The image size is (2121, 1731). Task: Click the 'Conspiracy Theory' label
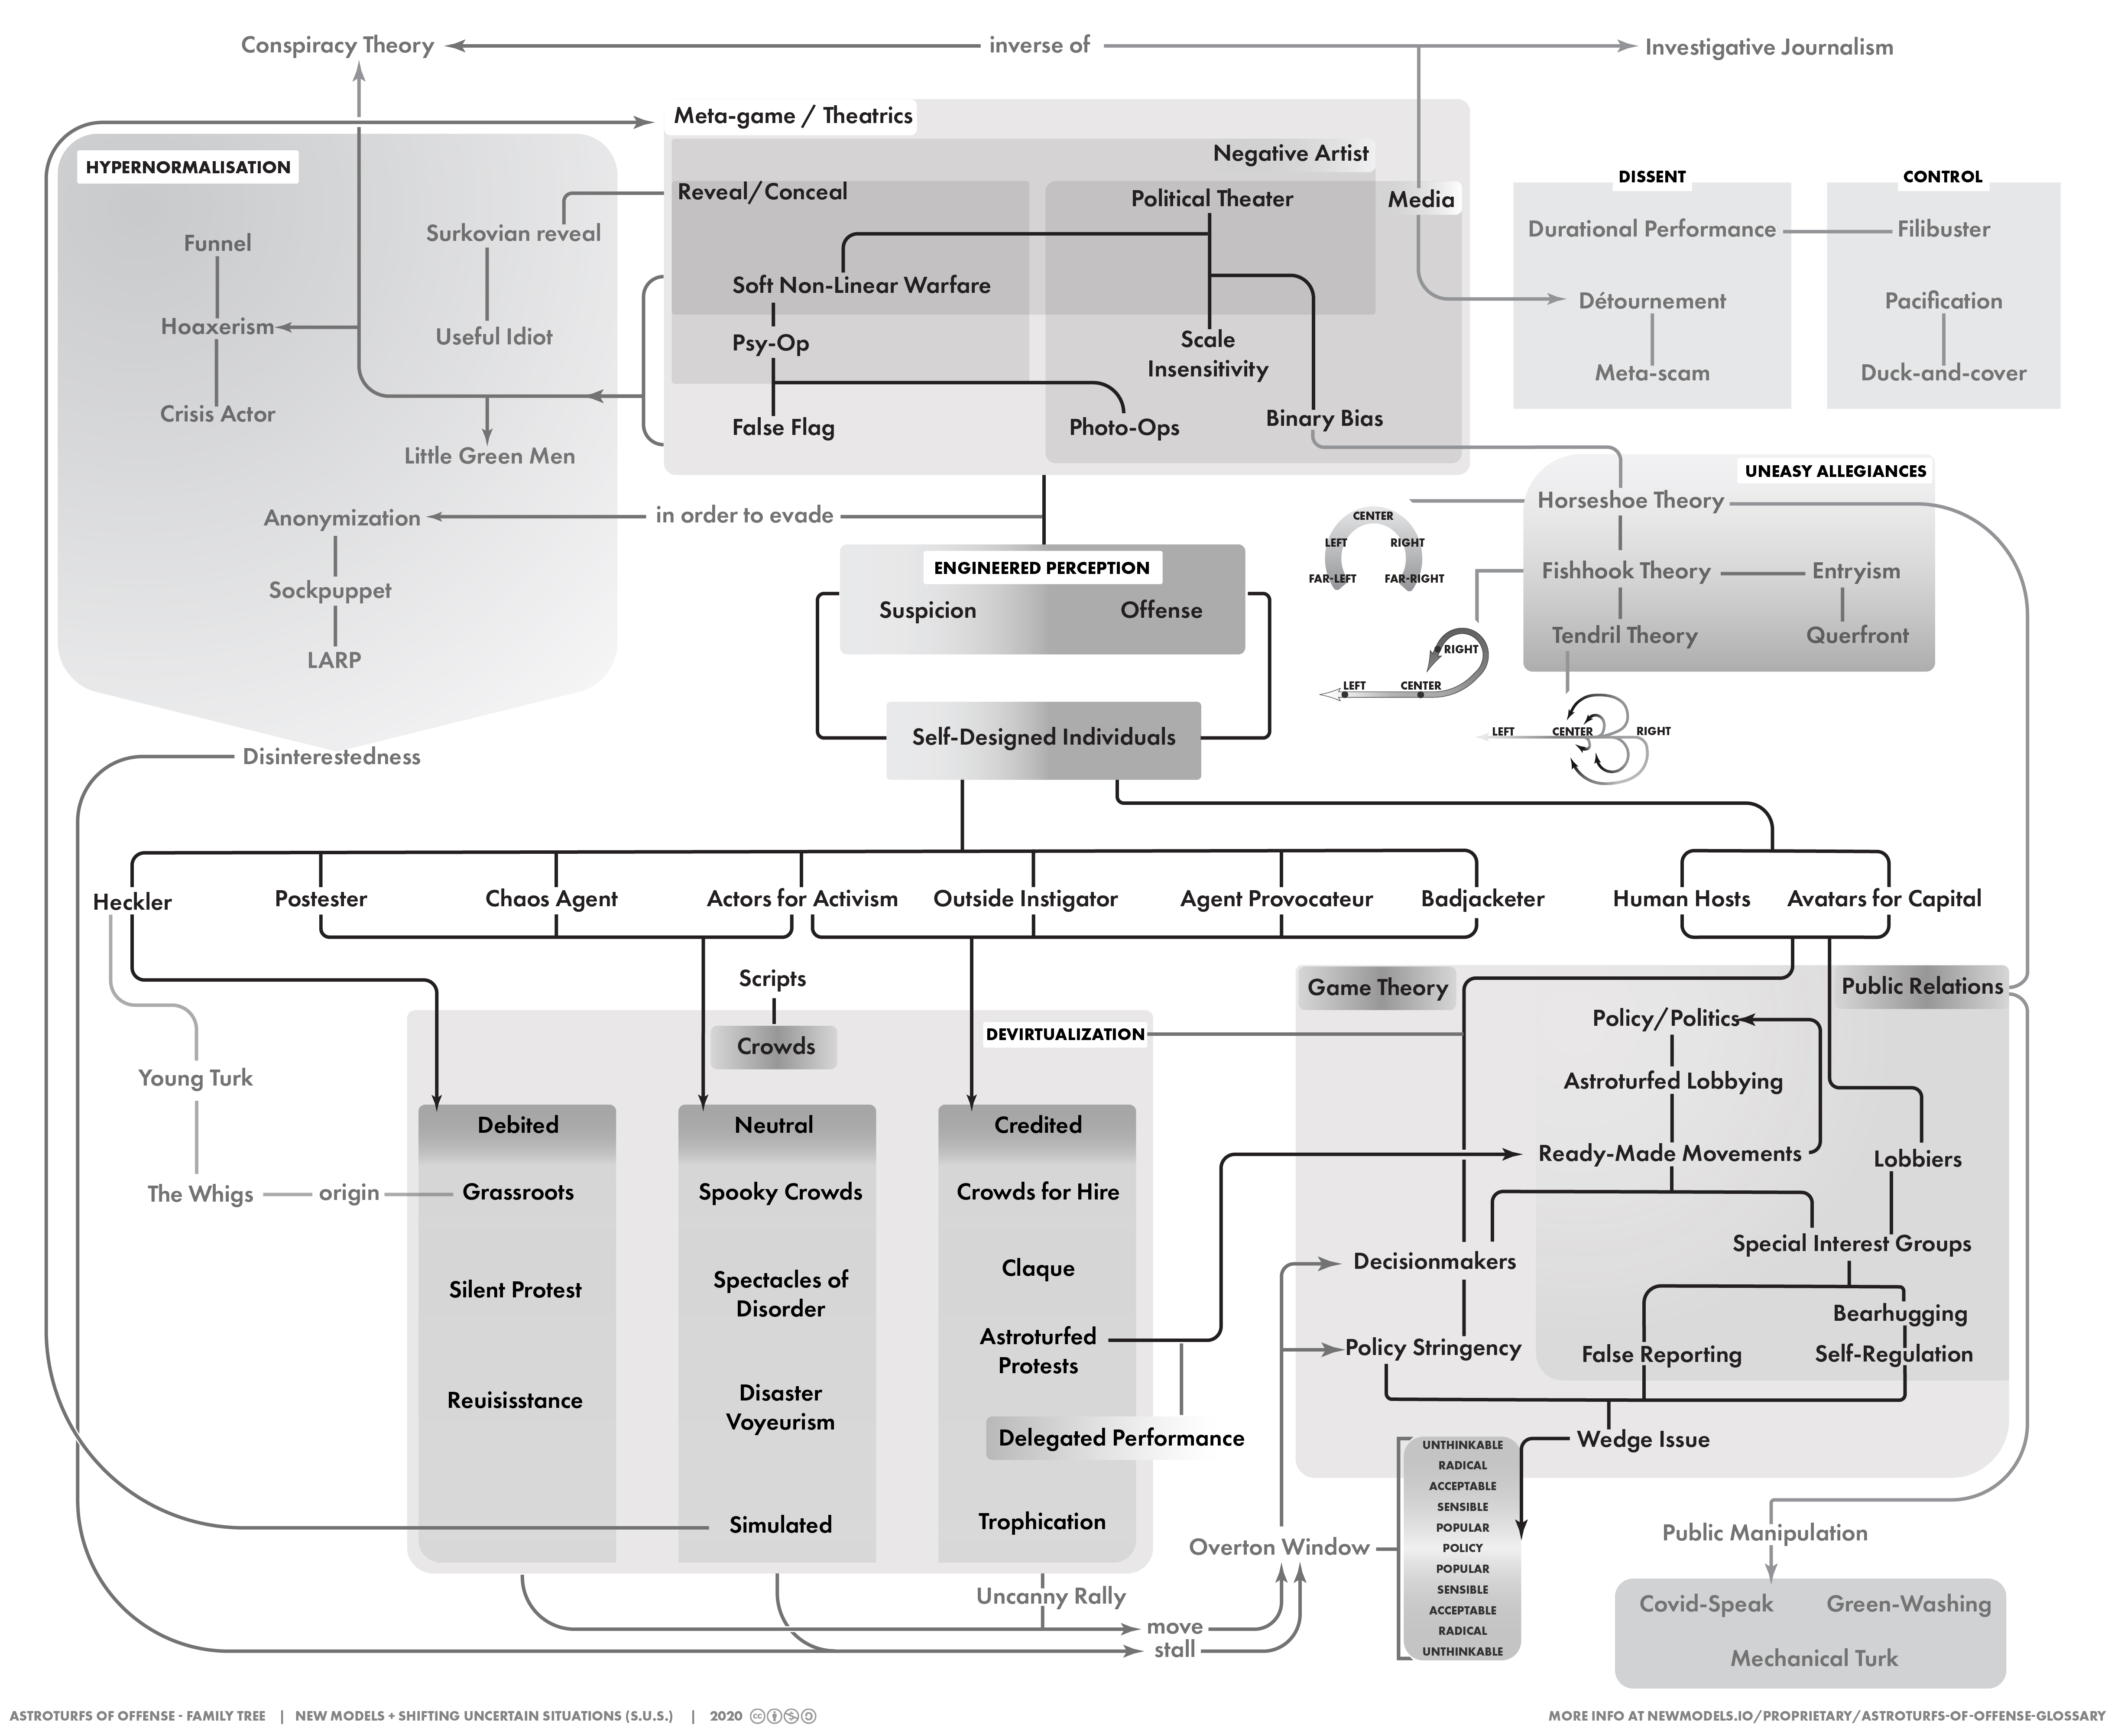coord(337,46)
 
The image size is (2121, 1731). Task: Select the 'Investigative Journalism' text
coord(1768,47)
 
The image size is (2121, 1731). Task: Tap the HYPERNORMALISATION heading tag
coord(188,166)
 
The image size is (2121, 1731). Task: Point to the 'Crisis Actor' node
coord(217,414)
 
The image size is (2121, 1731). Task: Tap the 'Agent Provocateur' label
coord(1276,898)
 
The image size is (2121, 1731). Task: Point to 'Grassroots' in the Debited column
coord(518,1193)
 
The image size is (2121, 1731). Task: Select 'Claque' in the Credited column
coord(1038,1268)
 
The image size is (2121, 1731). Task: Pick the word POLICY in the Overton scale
coord(1462,1547)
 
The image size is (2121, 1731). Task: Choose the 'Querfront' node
coord(1857,635)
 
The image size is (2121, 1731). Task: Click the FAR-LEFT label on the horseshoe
coord(1332,578)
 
